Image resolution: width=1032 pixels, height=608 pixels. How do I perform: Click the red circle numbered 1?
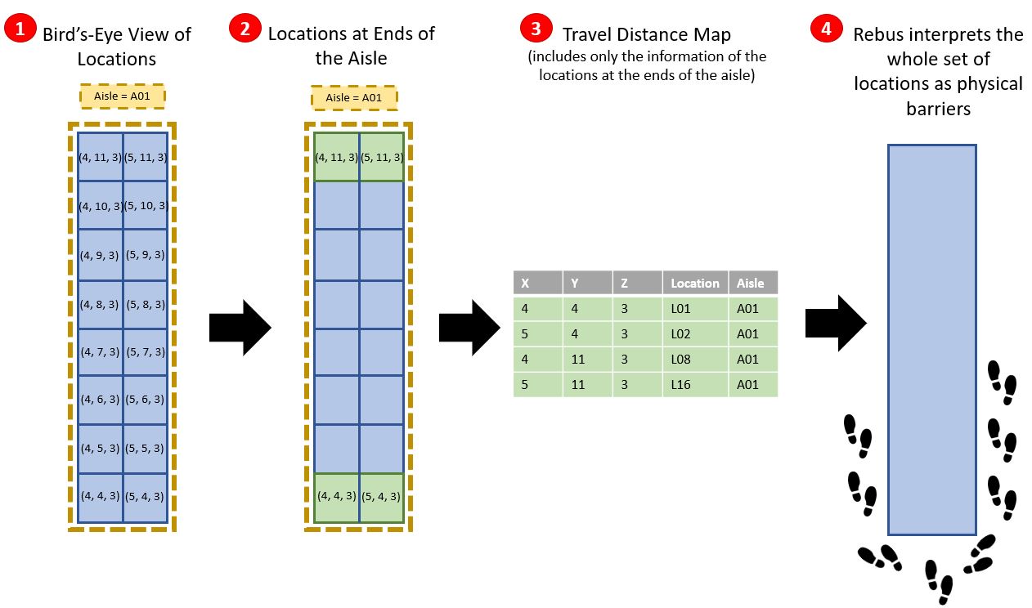point(20,29)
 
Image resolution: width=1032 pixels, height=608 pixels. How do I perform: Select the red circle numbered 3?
point(536,29)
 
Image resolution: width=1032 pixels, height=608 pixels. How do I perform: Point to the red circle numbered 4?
point(826,29)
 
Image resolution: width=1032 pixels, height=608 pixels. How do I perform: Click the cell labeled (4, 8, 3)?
point(100,304)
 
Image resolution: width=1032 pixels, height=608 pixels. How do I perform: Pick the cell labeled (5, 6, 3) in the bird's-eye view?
point(145,400)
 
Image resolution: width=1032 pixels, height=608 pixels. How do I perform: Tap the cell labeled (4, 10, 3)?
point(100,206)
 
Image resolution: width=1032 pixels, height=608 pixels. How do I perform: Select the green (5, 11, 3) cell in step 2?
point(382,156)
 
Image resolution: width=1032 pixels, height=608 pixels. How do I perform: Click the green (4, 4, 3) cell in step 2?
point(337,496)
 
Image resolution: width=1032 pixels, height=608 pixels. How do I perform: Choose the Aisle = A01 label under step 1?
point(123,96)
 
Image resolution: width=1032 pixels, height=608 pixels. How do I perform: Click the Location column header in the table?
point(694,284)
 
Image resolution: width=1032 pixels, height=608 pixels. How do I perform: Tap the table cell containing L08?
point(694,359)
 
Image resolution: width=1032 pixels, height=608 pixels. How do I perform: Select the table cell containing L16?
point(694,384)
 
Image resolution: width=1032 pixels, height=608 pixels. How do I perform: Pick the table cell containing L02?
point(694,333)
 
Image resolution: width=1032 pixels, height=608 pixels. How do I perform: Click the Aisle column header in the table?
point(752,284)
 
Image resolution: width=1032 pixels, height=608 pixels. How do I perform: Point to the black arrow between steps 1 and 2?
point(240,327)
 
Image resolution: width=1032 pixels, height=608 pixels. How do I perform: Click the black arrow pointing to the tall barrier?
point(835,323)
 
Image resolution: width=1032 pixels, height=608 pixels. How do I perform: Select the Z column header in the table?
point(637,284)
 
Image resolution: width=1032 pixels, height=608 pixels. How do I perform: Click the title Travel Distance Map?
point(646,34)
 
